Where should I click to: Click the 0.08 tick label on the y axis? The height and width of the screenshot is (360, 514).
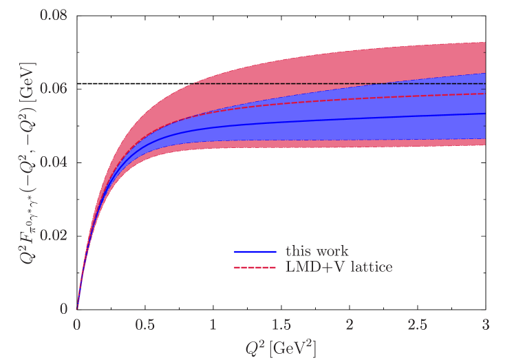[54, 14]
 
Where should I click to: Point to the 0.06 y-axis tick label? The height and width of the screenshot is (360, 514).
[54, 88]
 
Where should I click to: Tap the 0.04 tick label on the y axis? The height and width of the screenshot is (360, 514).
[54, 162]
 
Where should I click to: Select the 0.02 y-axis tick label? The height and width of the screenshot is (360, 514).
[54, 235]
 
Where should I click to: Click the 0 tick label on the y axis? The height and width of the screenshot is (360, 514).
[64, 309]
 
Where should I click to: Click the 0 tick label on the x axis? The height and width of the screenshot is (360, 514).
[77, 324]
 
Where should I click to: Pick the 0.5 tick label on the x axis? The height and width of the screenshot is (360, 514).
[144, 324]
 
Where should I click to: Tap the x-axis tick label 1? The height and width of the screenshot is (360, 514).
[213, 324]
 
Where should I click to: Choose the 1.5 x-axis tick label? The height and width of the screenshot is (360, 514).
[281, 324]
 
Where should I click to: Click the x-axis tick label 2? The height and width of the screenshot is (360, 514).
[350, 324]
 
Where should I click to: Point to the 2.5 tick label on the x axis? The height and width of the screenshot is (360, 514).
[417, 324]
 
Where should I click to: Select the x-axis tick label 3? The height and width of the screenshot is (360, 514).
[486, 324]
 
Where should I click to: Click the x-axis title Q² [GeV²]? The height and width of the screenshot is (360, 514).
[281, 346]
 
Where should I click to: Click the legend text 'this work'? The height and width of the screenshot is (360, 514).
[317, 252]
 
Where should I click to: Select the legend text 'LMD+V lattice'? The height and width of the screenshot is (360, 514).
[339, 266]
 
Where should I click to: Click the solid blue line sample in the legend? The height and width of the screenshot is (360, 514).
[255, 252]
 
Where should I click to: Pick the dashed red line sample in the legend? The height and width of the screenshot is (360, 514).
[255, 266]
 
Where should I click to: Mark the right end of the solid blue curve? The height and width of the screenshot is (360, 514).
[486, 114]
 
